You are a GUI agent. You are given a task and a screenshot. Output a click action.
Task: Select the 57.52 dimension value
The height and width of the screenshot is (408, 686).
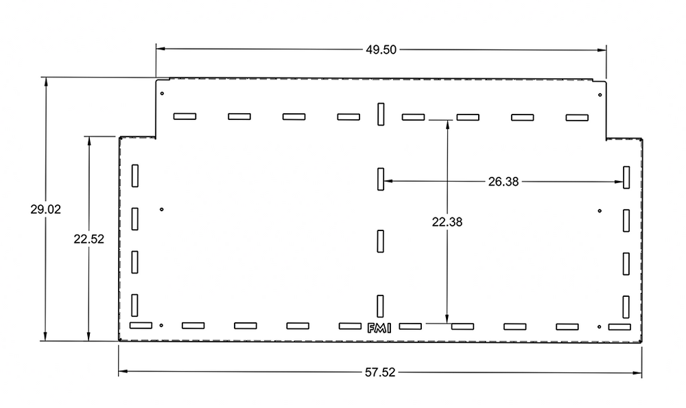[380, 373]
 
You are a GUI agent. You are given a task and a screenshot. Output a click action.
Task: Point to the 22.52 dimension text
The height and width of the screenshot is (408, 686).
[88, 239]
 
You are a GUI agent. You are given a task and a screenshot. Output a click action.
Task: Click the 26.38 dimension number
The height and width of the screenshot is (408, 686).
[504, 182]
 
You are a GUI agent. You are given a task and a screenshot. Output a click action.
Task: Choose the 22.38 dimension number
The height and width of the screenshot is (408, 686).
[447, 221]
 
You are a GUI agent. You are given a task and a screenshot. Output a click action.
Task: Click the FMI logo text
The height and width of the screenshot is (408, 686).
[379, 328]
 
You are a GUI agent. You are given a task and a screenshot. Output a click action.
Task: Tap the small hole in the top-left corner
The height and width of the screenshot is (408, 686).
[162, 93]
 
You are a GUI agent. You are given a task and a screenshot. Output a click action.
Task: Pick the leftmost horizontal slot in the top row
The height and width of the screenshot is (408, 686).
[185, 117]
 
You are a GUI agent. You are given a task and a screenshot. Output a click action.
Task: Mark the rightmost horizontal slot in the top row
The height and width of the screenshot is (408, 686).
[577, 118]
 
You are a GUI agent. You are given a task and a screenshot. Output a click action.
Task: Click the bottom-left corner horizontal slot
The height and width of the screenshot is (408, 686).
[141, 325]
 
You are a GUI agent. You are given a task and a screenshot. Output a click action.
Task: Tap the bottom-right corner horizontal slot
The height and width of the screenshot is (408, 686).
[619, 327]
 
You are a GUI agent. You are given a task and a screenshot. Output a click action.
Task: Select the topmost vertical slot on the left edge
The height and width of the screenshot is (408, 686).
[135, 176]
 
